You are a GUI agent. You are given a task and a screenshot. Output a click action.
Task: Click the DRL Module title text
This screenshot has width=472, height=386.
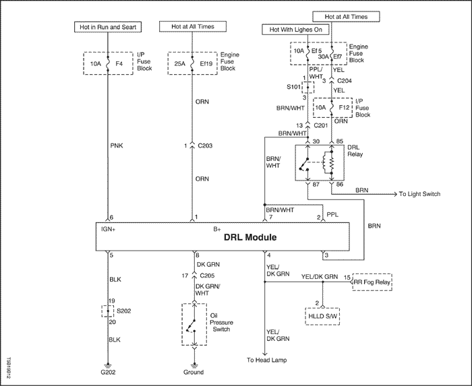pyautogui.click(x=250, y=238)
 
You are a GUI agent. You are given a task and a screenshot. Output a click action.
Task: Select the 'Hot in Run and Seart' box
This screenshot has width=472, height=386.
pyautogui.click(x=108, y=27)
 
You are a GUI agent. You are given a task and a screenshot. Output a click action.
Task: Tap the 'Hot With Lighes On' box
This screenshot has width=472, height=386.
pyautogui.click(x=295, y=30)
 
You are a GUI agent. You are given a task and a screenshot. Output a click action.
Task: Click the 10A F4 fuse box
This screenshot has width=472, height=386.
pyautogui.click(x=108, y=63)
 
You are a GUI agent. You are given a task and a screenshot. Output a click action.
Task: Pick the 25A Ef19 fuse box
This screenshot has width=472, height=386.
pyautogui.click(x=192, y=63)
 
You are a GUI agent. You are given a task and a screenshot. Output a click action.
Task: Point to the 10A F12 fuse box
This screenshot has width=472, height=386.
pyautogui.click(x=332, y=108)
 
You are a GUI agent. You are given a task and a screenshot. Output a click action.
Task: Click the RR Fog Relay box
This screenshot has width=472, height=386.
pyautogui.click(x=372, y=282)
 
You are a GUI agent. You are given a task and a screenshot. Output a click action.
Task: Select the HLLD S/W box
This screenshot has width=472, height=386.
pyautogui.click(x=322, y=316)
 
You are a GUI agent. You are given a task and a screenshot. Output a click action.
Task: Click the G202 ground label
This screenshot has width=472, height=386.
pyautogui.click(x=108, y=372)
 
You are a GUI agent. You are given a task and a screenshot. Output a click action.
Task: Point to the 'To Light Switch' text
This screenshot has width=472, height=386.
pyautogui.click(x=419, y=194)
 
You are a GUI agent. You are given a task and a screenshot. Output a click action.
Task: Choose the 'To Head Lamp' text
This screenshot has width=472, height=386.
pyautogui.click(x=267, y=360)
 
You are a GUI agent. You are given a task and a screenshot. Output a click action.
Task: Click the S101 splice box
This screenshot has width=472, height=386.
pyautogui.click(x=308, y=87)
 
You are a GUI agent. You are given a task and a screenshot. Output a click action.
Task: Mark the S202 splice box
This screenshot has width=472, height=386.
pyautogui.click(x=108, y=311)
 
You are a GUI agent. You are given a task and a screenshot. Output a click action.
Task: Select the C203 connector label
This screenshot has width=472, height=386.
pyautogui.click(x=205, y=146)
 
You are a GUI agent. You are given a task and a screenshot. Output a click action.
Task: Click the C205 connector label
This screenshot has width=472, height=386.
pyautogui.click(x=207, y=276)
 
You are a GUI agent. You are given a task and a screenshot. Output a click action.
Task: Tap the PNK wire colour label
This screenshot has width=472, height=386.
pyautogui.click(x=117, y=146)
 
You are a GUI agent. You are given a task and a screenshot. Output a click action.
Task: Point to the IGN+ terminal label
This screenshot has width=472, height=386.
pyautogui.click(x=109, y=229)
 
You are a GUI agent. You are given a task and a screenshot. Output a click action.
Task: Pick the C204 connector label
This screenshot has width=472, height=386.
pyautogui.click(x=345, y=81)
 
